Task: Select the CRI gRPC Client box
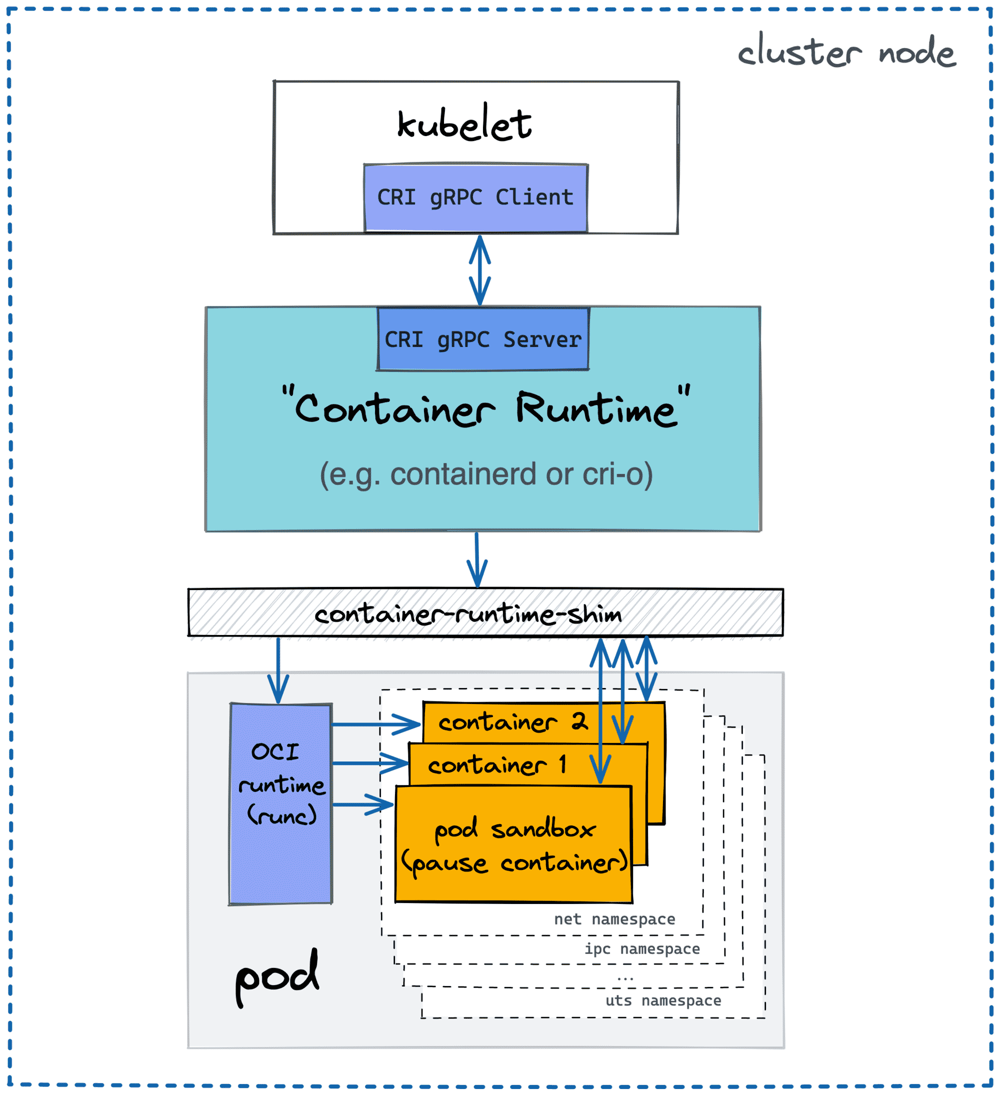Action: coord(475,197)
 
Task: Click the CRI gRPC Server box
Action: coord(482,339)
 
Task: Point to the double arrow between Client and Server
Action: coord(479,270)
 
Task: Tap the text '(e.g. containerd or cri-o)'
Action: coord(486,474)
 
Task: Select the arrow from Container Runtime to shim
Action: coord(477,559)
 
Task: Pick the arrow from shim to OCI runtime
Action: coord(278,669)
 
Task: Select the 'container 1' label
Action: coord(496,765)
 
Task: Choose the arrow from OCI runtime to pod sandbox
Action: coord(362,805)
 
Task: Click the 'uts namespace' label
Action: coord(663,1000)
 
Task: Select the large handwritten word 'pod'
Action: coord(276,977)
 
